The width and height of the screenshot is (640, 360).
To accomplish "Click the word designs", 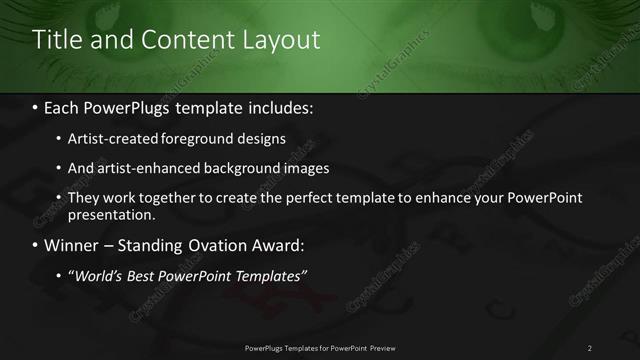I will (259, 138).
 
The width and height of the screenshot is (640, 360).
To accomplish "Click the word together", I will (158, 198).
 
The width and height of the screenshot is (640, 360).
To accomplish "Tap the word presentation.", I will (111, 214).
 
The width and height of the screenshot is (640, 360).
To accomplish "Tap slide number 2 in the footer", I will (590, 348).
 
